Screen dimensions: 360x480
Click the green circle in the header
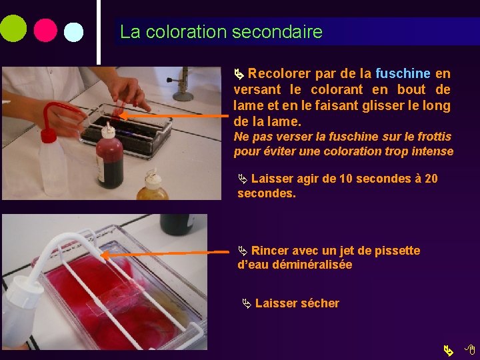click(13, 29)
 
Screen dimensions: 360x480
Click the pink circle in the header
click(45, 30)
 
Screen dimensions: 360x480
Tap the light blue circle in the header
click(73, 33)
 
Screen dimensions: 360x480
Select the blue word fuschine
click(403, 73)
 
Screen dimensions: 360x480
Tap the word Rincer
click(270, 251)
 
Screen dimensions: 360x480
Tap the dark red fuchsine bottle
click(109, 160)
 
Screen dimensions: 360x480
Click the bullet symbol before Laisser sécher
click(246, 304)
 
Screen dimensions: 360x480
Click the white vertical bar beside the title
click(99, 31)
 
